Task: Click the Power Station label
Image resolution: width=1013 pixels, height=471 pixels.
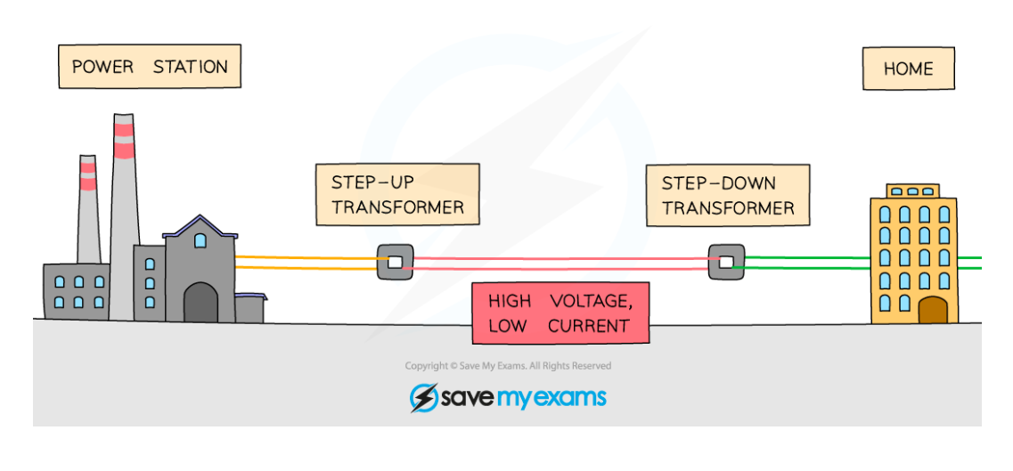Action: tap(150, 67)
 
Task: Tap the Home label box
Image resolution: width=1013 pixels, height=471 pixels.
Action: tap(908, 69)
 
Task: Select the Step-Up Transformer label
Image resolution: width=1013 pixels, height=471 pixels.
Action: tap(397, 195)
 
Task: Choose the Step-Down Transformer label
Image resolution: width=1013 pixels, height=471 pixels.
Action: tap(728, 195)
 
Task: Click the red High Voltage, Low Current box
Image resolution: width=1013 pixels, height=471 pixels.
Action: tap(560, 313)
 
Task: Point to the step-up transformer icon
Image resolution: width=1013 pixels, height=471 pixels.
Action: tap(395, 262)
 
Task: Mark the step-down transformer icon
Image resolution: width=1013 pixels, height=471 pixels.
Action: tap(726, 262)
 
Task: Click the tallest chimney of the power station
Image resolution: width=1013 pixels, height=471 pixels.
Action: tap(124, 205)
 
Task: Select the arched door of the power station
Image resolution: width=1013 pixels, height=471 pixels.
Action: tap(200, 303)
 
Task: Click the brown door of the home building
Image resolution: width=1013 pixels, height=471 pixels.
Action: tap(932, 311)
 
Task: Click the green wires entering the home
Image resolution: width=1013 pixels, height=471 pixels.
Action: tap(807, 261)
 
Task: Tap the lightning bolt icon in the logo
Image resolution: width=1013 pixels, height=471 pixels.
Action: tap(423, 397)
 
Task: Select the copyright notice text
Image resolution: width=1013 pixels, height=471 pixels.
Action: tap(508, 366)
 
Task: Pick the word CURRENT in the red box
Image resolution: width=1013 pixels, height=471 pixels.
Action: tap(589, 327)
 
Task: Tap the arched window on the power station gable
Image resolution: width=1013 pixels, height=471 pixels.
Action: tap(200, 240)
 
